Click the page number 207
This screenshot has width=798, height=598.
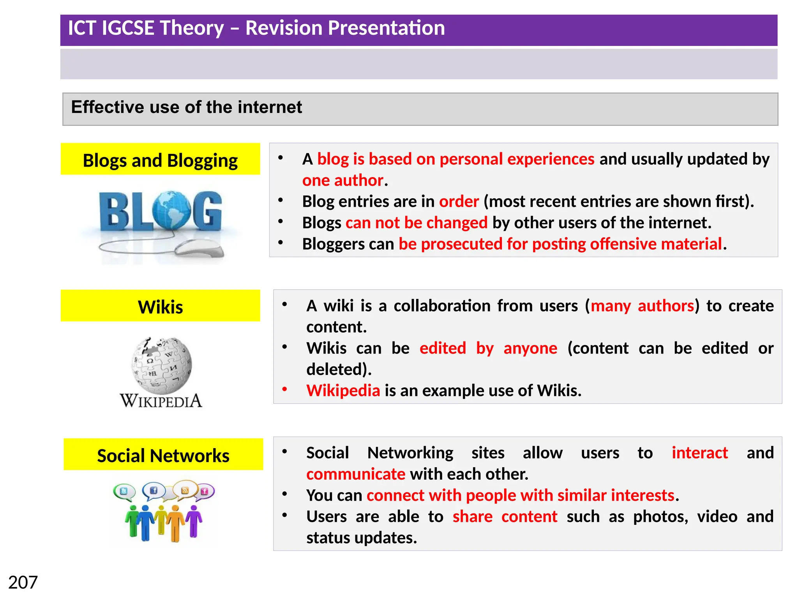pos(23,583)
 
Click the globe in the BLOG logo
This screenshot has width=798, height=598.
pos(172,210)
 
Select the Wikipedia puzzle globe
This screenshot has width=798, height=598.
pos(161,365)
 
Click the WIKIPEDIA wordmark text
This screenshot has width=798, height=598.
pos(161,401)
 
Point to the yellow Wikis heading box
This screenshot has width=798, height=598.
pos(160,306)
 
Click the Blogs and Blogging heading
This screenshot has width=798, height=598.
pos(160,160)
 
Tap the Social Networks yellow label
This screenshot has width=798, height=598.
pos(163,455)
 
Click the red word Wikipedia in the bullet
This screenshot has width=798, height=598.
pos(343,390)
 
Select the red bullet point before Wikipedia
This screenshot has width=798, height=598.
pos(285,389)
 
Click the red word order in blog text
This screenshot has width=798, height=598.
pos(459,201)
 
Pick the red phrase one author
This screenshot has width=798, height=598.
pos(343,180)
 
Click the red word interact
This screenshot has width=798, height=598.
pos(699,453)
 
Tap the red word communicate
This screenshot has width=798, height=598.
pos(356,474)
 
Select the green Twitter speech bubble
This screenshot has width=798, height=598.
pos(124,492)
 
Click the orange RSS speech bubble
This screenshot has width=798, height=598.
pos(185,490)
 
